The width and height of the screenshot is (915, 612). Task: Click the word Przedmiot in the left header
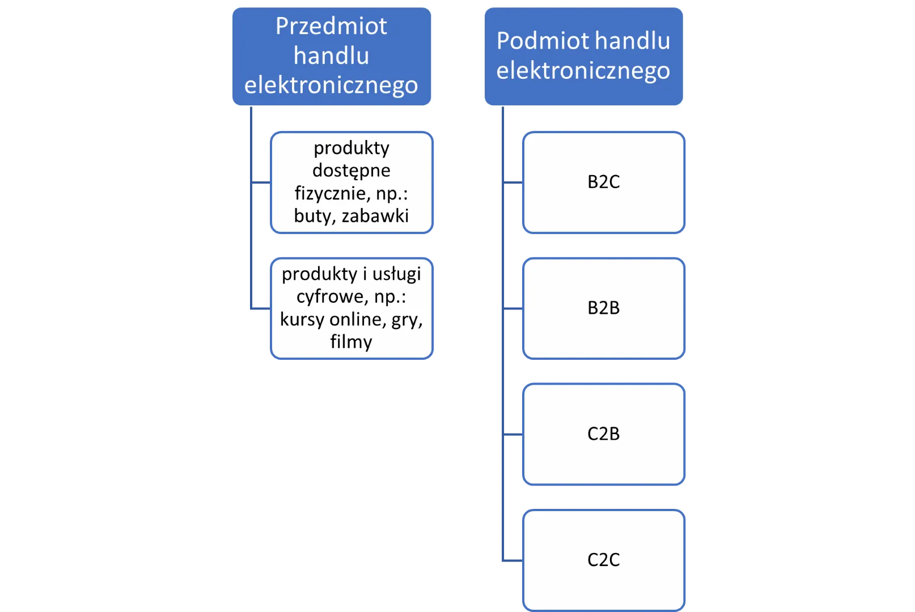331,27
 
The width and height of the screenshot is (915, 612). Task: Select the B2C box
603,182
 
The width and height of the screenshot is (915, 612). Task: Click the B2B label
603,308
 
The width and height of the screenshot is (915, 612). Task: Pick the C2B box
603,434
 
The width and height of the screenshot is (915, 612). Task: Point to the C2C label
603,560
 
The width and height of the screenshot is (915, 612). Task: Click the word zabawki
375,216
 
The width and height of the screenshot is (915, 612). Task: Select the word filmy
351,342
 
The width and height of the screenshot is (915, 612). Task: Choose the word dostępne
351,171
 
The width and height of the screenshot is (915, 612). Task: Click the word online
355,320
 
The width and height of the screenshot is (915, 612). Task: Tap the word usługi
396,274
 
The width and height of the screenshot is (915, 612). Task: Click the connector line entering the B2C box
513,184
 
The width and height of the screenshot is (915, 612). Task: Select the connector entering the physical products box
260,184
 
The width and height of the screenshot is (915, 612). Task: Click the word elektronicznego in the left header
331,85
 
